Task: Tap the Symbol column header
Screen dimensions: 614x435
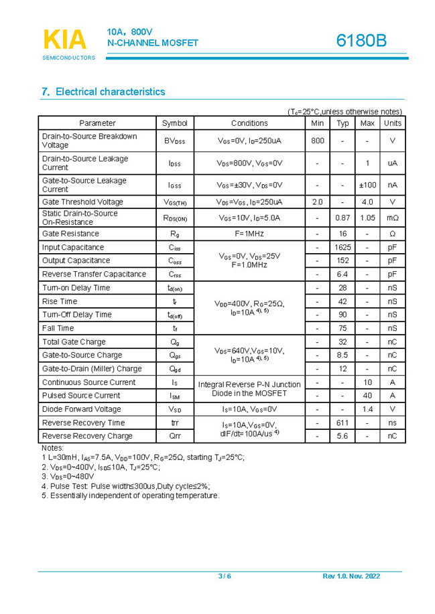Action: tap(174, 123)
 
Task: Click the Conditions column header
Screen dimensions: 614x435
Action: tap(249, 123)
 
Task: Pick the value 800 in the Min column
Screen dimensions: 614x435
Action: tap(318, 141)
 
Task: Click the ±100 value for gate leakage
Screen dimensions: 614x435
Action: tap(367, 185)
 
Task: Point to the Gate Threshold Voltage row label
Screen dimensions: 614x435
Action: tap(82, 202)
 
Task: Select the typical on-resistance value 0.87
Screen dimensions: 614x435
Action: tap(343, 218)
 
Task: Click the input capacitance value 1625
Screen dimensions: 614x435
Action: tap(343, 247)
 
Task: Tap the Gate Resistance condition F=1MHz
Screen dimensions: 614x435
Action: tap(249, 234)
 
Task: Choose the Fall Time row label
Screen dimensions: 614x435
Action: tap(58, 328)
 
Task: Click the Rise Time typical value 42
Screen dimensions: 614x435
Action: tap(343, 301)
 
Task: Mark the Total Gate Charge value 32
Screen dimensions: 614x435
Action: tap(343, 341)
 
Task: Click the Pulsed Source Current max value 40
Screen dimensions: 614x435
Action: tap(367, 395)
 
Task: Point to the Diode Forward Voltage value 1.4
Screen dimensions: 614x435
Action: tap(367, 409)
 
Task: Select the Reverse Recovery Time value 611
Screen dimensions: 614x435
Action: tap(343, 423)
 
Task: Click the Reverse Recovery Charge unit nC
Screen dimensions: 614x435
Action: tap(393, 436)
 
